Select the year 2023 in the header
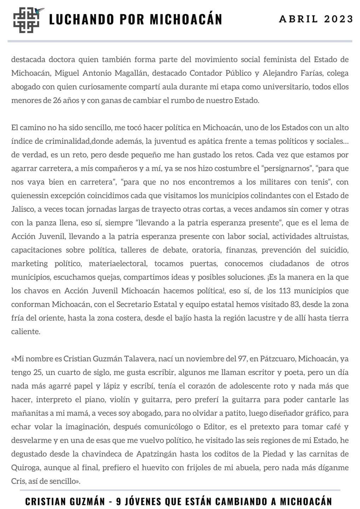coord(339,19)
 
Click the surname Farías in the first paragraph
coord(312,73)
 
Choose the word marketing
coord(29,264)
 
